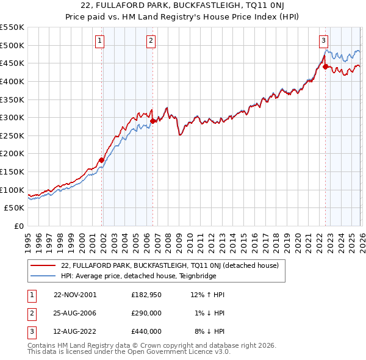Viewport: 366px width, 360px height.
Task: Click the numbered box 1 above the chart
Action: (x=99, y=41)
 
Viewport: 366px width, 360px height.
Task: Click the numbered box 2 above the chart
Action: (x=151, y=41)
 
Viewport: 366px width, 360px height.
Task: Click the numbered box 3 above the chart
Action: (x=323, y=41)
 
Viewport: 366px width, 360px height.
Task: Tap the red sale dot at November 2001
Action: (x=102, y=160)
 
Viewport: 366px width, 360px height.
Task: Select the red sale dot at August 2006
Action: (x=152, y=121)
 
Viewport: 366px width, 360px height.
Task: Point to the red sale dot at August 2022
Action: (x=325, y=67)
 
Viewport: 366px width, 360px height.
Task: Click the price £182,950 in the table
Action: (x=146, y=295)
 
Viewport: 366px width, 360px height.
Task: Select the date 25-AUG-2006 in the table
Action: (x=75, y=313)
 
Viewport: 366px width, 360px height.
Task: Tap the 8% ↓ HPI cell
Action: (x=209, y=331)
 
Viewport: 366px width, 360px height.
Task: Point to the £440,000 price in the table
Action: (x=146, y=331)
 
